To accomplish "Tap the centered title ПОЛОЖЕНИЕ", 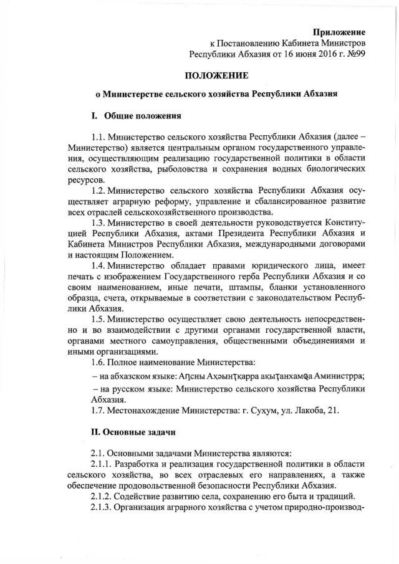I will [x=216, y=76].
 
